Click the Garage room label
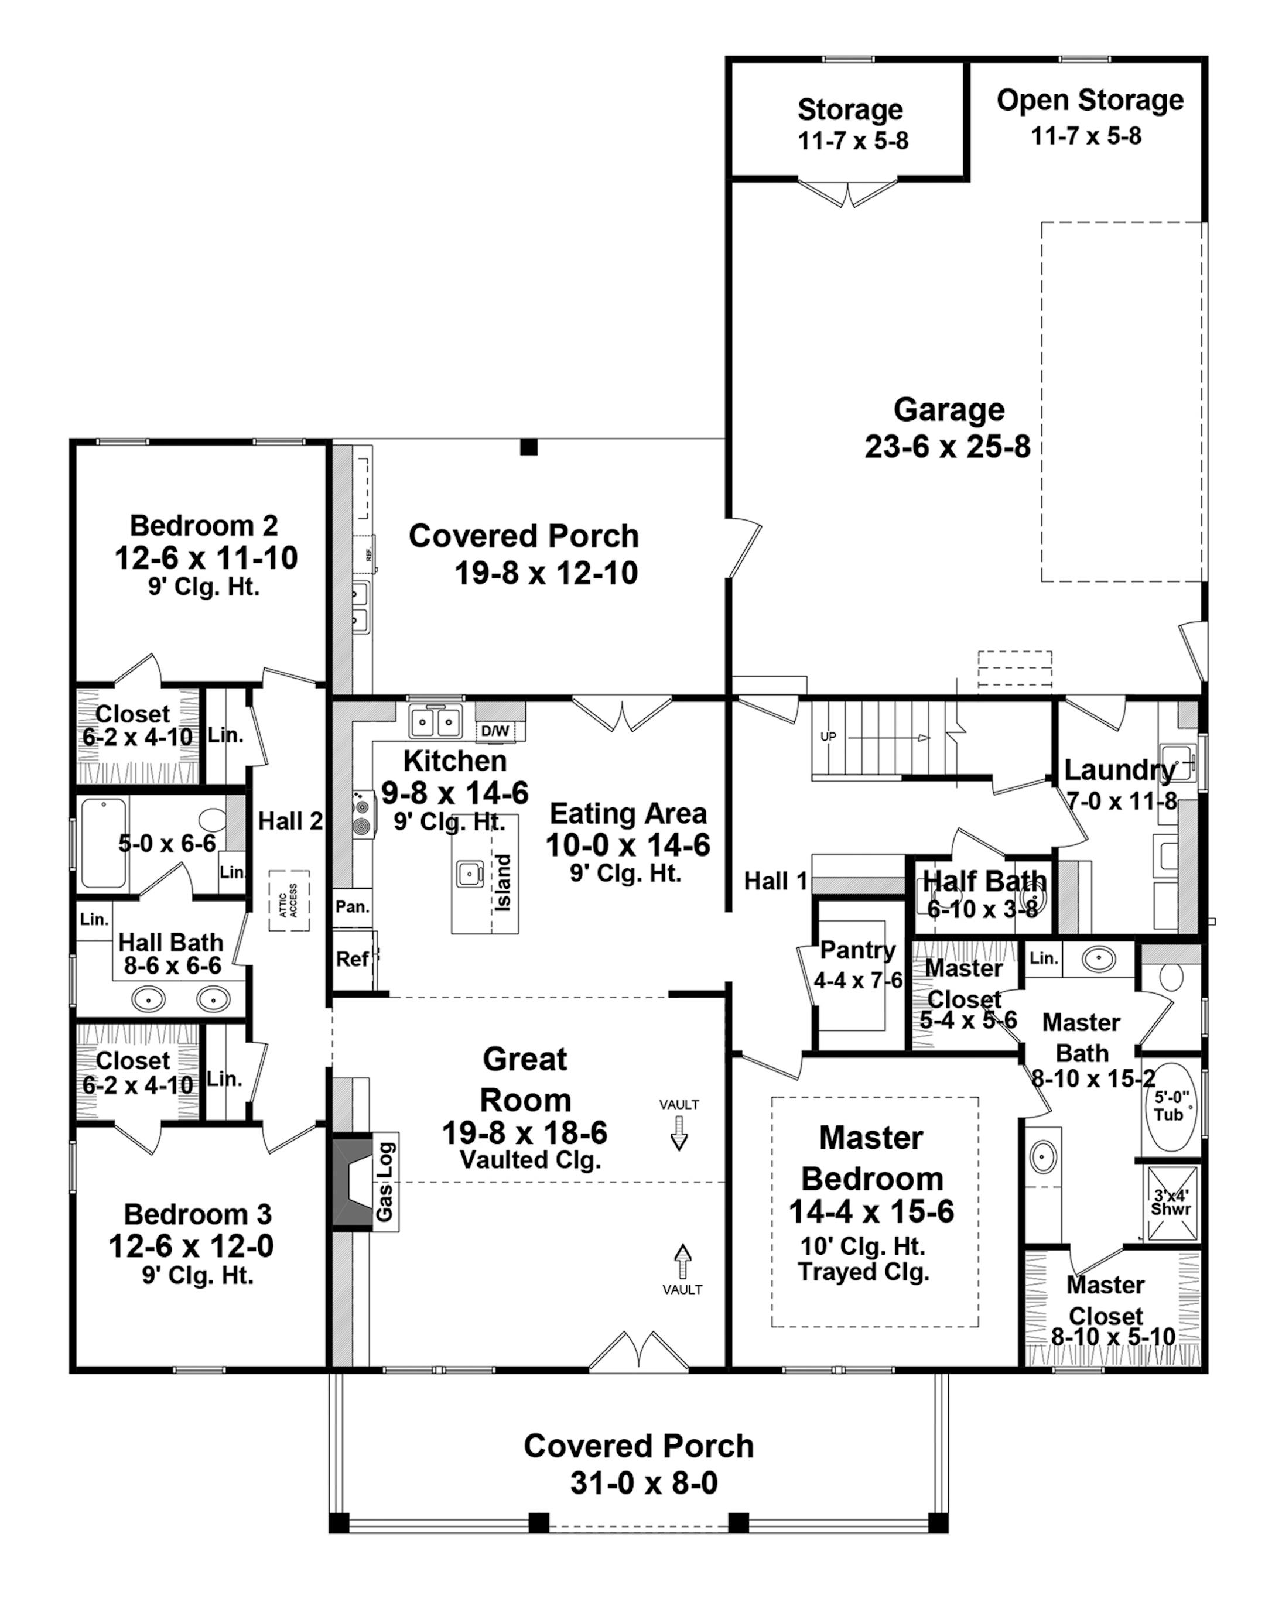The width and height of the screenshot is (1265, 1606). tap(949, 409)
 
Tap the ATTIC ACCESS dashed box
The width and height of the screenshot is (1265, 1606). tap(289, 901)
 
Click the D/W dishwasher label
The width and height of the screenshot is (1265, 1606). tap(495, 731)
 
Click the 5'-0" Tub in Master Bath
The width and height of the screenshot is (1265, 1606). tap(1169, 1108)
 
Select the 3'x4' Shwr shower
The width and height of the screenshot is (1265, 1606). tap(1172, 1203)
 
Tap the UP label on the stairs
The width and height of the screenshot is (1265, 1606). tap(828, 737)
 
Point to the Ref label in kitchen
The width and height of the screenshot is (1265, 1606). tap(352, 960)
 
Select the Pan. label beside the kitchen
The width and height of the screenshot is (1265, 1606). tap(352, 907)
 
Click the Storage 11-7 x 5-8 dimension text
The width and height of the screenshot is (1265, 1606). tap(853, 141)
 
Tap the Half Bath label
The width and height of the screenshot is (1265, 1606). tap(984, 881)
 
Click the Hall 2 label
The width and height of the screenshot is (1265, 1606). tap(290, 821)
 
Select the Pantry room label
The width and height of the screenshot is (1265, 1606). tap(857, 950)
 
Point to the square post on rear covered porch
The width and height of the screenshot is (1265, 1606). tap(528, 447)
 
